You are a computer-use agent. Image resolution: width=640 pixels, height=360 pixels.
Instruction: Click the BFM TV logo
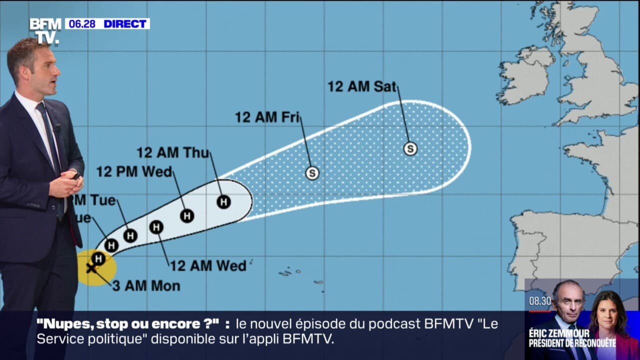pos(45,31)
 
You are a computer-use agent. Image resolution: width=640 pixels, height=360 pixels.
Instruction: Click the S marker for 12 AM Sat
pos(410,148)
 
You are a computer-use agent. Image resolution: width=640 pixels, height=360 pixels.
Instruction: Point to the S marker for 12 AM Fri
pos(312,173)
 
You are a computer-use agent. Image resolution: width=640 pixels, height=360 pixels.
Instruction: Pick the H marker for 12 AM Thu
pos(224,202)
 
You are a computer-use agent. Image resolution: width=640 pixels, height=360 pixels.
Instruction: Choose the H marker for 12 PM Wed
pos(187,216)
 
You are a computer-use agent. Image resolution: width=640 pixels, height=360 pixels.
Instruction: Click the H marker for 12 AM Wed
pos(156,227)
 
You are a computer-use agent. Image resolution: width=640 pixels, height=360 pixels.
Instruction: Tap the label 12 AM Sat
pos(361,86)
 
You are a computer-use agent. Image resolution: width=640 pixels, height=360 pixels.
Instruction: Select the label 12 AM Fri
pos(267,117)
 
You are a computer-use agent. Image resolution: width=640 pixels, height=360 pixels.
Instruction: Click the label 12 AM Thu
pos(172,152)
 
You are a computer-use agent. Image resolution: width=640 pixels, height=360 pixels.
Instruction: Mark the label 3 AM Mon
pos(145,286)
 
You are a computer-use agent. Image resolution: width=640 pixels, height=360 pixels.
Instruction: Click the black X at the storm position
pos(91,268)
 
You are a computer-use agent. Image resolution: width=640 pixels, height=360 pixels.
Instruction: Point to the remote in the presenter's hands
pos(75,175)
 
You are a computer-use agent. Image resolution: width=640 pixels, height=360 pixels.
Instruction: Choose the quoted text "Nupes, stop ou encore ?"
pos(128,324)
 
